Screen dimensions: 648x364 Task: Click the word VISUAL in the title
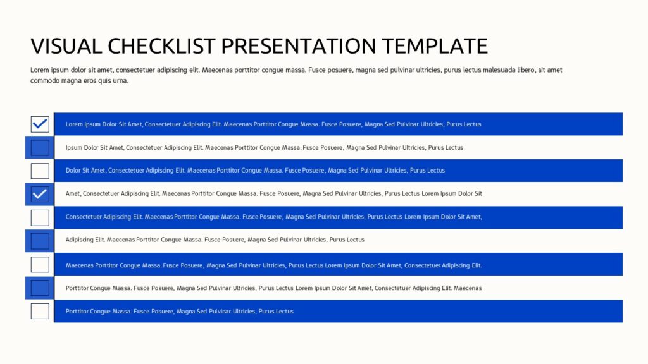66,45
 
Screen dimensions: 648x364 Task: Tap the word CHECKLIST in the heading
161,45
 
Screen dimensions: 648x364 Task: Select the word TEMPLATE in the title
435,45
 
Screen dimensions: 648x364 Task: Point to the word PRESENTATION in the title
299,45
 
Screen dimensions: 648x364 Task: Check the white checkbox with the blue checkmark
40,124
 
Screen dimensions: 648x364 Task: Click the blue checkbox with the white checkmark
40,194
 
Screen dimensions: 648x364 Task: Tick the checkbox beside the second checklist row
40,147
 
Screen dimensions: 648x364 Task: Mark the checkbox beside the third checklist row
40,171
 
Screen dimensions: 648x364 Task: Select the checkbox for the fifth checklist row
40,217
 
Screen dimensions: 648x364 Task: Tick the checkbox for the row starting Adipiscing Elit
40,241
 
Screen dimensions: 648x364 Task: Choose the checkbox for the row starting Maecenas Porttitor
40,265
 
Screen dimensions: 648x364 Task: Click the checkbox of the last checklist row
40,311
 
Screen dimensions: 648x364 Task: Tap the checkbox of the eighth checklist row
40,288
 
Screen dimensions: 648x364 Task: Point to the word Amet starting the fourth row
73,193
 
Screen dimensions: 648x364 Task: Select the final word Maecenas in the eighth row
468,288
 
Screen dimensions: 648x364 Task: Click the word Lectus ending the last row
284,312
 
